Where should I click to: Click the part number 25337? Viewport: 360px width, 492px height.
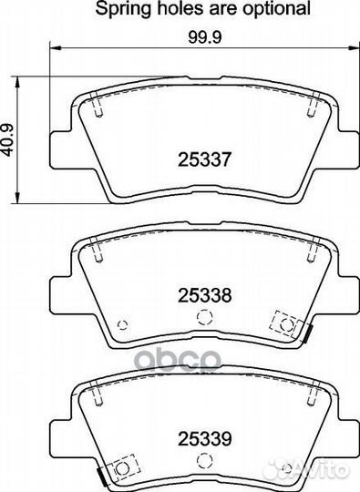(204, 159)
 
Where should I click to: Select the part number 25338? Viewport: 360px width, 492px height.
(204, 295)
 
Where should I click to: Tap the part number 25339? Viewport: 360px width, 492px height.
(204, 438)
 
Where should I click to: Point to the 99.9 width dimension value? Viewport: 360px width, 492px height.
(205, 37)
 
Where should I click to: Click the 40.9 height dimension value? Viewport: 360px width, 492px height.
(7, 140)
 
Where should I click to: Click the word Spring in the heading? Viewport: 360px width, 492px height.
(124, 9)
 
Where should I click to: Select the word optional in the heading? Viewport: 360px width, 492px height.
(277, 9)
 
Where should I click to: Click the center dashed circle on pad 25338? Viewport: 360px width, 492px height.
(205, 317)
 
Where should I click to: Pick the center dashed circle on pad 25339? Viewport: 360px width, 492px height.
(205, 460)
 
